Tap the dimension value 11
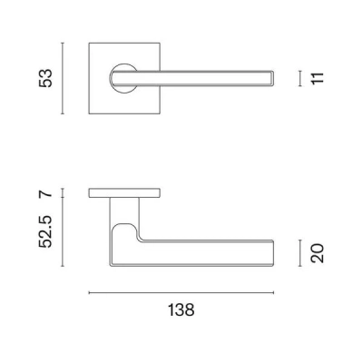[316, 78]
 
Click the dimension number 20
[316, 252]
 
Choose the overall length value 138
[181, 309]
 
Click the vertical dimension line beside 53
[63, 77]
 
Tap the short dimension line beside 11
[299, 78]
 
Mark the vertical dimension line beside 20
[299, 252]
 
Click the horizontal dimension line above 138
[181, 292]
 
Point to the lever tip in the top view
[272, 77]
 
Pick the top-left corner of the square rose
[90, 42]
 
